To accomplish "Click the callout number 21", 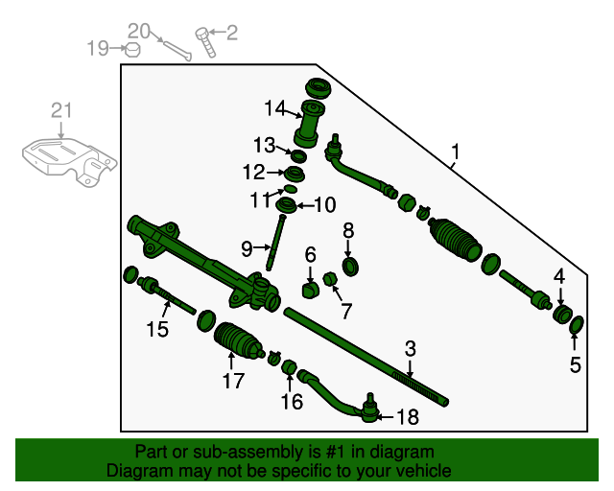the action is [x=61, y=111].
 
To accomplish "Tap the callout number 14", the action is [x=276, y=107].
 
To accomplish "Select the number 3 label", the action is [x=410, y=348].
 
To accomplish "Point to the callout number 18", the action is [x=408, y=416].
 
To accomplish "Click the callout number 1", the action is [x=456, y=152].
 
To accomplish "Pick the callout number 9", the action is [x=247, y=248].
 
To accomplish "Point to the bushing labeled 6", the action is [x=310, y=289].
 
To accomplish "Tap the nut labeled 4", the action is [x=561, y=315].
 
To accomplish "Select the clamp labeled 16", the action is [x=286, y=365].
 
